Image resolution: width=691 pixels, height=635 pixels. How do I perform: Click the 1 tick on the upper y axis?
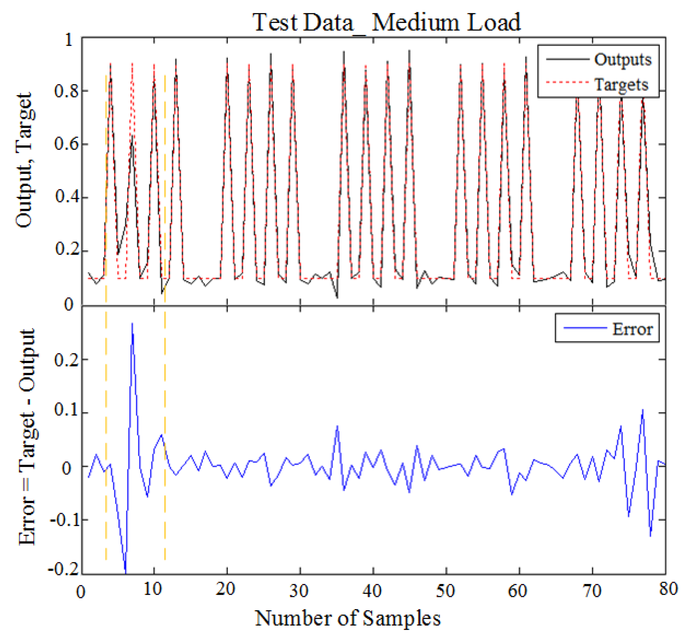(x=69, y=40)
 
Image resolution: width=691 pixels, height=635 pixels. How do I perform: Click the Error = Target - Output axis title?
(x=27, y=436)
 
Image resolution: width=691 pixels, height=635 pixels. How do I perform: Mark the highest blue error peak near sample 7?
(x=132, y=324)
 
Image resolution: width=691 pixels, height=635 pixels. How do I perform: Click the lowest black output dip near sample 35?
(x=337, y=298)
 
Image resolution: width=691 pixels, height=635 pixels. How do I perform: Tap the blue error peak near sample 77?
(x=642, y=410)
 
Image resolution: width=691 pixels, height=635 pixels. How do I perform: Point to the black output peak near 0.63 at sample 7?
(x=132, y=136)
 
